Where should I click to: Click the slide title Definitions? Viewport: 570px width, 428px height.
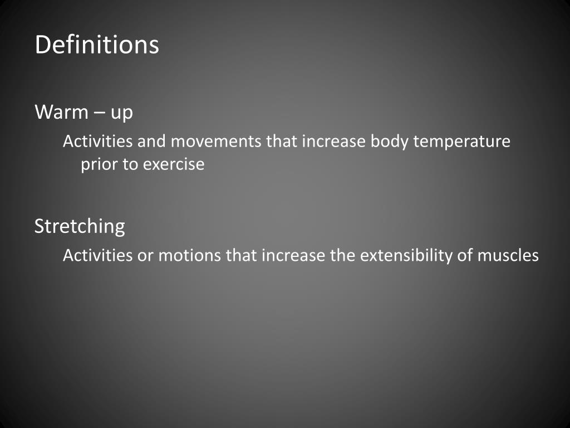(x=97, y=45)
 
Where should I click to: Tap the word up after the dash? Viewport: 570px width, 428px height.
(x=121, y=114)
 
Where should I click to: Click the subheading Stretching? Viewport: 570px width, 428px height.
(x=80, y=226)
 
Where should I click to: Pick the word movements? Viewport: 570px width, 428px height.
(x=215, y=142)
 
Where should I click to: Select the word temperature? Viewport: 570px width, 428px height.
(x=461, y=142)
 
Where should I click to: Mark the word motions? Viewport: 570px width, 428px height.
(x=189, y=256)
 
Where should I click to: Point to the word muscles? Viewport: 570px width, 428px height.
(x=508, y=256)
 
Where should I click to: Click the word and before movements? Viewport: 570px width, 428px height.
(x=151, y=142)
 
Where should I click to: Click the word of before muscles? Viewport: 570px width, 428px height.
(x=467, y=256)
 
